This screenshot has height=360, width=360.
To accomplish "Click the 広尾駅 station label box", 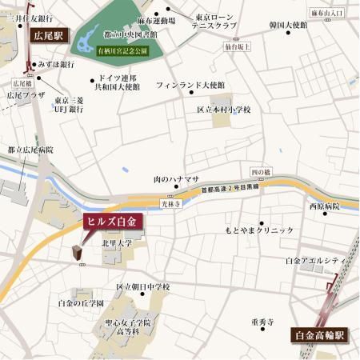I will pos(49,36).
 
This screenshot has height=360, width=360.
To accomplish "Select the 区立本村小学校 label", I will pos(225,110).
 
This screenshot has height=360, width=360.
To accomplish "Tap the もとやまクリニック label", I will pos(254,230).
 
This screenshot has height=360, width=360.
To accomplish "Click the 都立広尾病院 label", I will pos(30,150).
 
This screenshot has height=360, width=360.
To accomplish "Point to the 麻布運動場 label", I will pos(157,20).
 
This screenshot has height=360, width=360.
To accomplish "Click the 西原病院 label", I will pos(324,206).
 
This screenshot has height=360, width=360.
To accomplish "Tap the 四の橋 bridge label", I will pos(261,173).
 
